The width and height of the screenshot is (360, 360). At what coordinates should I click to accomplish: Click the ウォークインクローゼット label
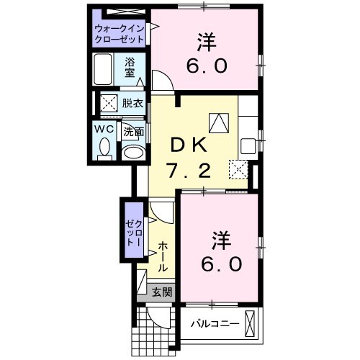coord(118,33)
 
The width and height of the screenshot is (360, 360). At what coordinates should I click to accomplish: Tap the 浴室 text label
coord(130,67)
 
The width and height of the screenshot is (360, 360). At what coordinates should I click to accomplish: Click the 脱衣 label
coord(132,103)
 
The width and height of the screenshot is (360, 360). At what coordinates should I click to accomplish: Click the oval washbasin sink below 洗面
coord(131,152)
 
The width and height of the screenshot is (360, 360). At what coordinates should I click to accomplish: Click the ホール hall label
coord(163,256)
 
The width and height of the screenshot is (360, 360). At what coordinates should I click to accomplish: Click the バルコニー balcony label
coord(215,323)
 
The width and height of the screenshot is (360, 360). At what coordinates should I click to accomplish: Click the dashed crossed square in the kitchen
coord(238,170)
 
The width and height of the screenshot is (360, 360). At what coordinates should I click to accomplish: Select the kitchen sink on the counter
coord(248,145)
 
